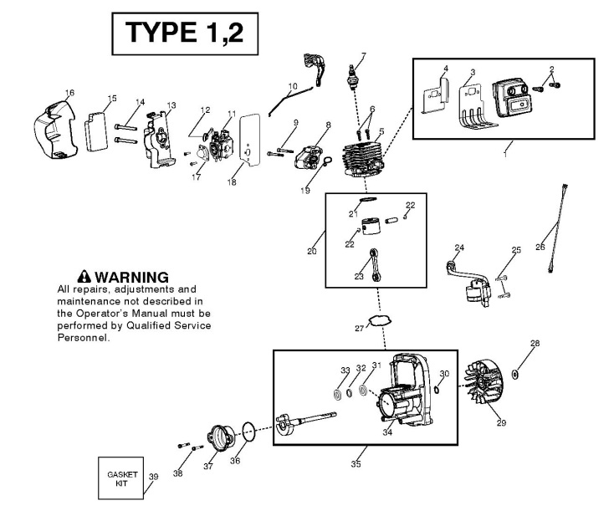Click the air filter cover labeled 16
(x=58, y=130)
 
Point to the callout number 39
(x=153, y=477)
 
